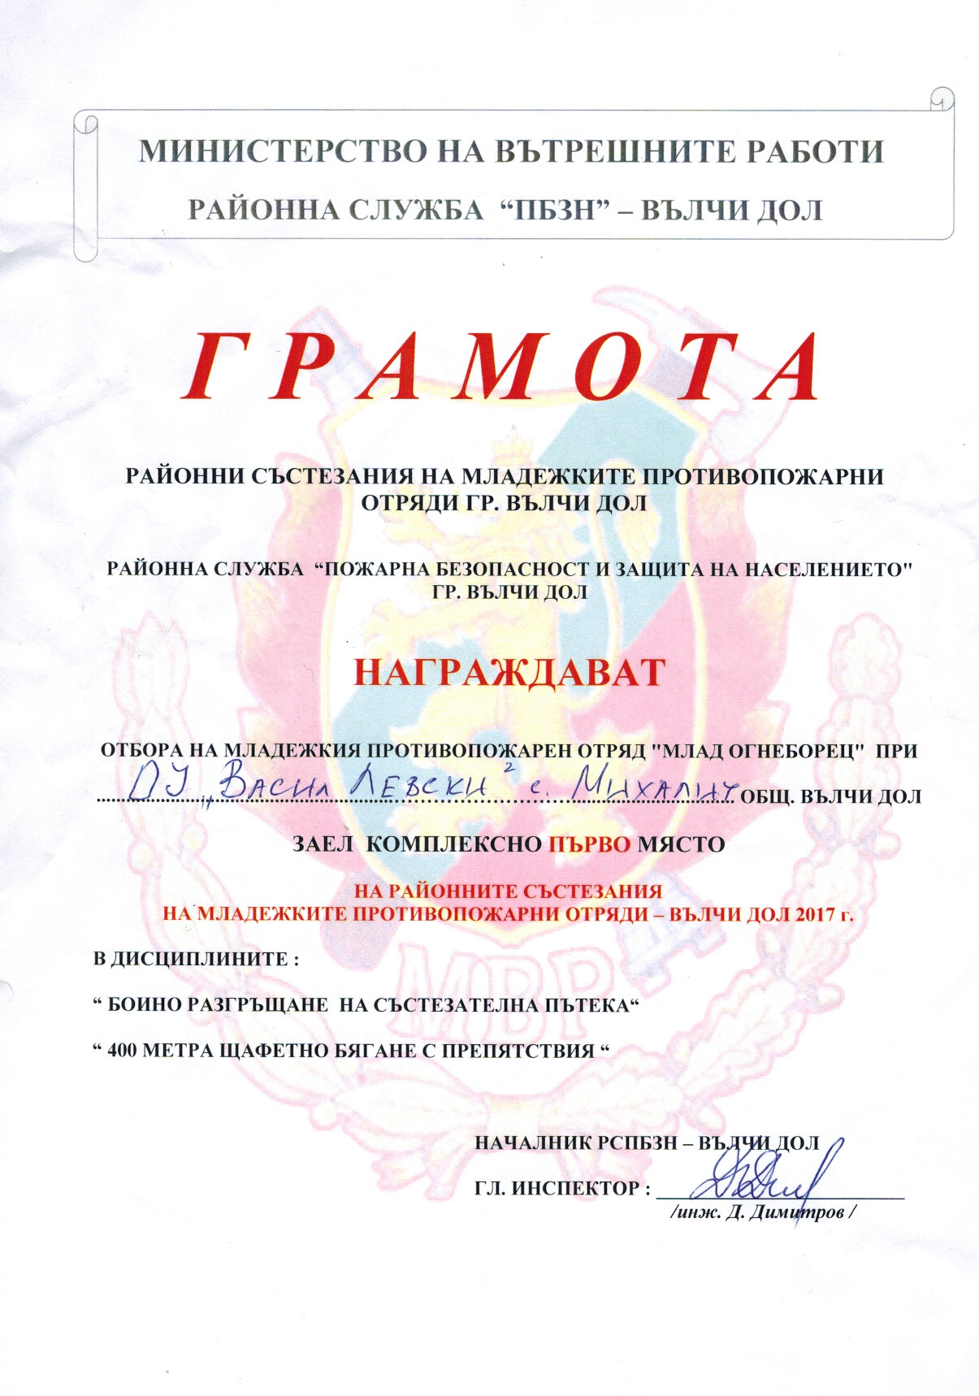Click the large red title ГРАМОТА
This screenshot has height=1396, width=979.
[504, 367]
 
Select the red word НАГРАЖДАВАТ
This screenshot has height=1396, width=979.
[510, 672]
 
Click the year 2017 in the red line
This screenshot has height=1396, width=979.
[809, 912]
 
